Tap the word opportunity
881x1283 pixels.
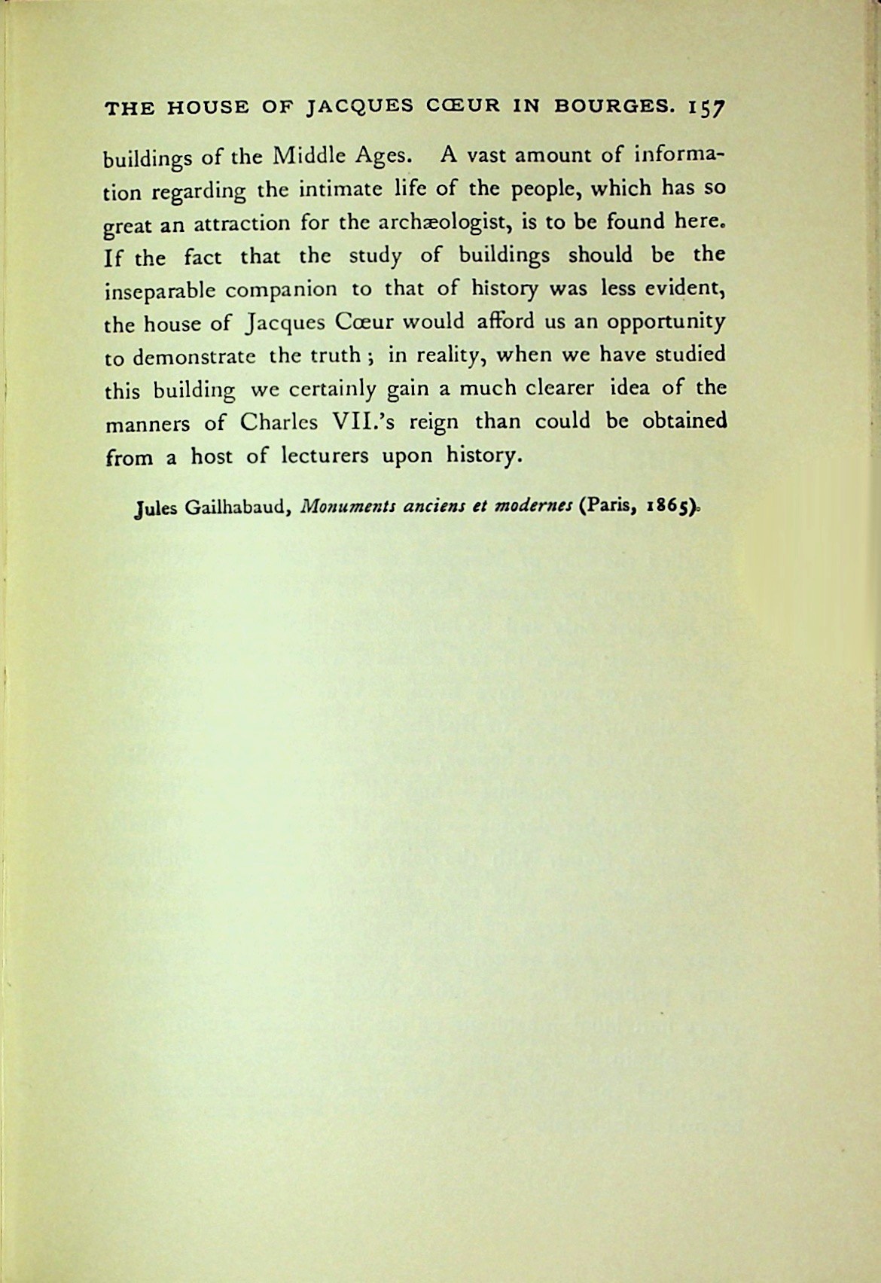(x=666, y=322)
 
